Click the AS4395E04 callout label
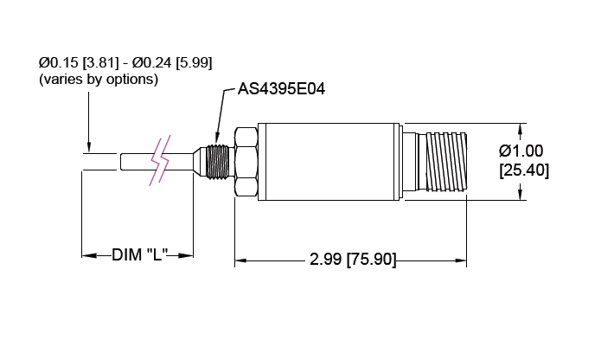click(x=281, y=90)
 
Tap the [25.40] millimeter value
click(x=524, y=170)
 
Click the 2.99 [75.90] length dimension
click(x=352, y=260)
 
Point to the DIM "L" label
click(x=138, y=255)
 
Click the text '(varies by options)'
click(x=98, y=79)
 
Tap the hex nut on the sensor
click(x=246, y=161)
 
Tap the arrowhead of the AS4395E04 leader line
click(x=220, y=138)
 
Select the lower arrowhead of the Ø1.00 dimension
click(x=521, y=195)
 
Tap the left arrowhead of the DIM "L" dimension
click(x=87, y=255)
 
